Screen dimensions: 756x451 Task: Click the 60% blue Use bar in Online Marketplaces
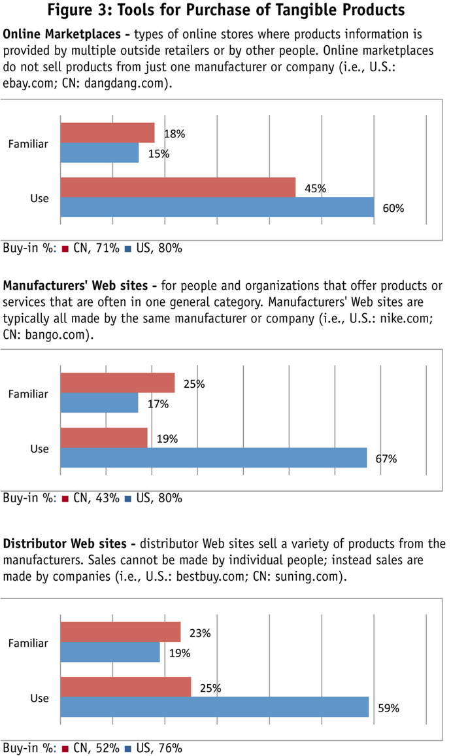click(217, 207)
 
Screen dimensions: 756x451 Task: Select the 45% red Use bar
click(178, 187)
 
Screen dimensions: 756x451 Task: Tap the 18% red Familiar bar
click(107, 133)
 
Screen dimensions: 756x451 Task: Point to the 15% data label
click(159, 154)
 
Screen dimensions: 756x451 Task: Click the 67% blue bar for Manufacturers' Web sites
click(213, 458)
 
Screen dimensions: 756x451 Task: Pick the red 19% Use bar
click(104, 438)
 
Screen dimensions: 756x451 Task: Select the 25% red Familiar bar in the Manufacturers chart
click(118, 383)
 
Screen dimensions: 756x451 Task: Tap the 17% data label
click(158, 404)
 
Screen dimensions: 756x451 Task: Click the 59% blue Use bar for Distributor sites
click(214, 707)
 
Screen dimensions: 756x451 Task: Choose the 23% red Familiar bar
click(120, 632)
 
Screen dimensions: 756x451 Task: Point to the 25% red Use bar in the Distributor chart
click(125, 687)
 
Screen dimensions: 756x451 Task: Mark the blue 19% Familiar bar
click(110, 653)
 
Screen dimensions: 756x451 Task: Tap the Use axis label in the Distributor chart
click(40, 698)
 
